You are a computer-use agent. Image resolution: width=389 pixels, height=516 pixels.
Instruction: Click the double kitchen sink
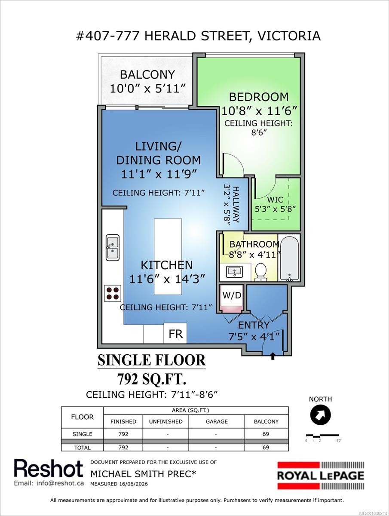pos(113,247)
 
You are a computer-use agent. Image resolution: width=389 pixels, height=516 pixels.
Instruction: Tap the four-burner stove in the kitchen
pos(113,293)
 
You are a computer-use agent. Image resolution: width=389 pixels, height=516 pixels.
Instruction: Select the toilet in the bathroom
pos(261,272)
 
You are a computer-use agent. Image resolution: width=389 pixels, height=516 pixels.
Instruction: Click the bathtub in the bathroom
pos(290,258)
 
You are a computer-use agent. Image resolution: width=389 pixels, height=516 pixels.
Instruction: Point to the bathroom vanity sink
pos(235,271)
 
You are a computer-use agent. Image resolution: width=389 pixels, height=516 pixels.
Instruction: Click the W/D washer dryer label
pos(232,295)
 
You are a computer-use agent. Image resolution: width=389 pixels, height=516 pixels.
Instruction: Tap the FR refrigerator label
pos(176,334)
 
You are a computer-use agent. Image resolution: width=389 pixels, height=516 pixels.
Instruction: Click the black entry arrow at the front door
pos(273,356)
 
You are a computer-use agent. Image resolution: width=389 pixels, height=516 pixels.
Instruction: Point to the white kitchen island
pos(168,256)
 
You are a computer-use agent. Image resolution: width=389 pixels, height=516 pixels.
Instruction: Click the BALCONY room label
pos(147,75)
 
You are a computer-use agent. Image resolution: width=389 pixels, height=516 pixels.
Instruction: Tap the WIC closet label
pos(275,200)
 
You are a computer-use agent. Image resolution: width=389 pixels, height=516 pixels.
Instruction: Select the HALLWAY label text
pos(236,204)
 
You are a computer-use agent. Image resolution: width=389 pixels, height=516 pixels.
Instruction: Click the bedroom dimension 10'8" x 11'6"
pos(259,111)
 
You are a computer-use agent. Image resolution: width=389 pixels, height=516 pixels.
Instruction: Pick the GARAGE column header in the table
pos(217,421)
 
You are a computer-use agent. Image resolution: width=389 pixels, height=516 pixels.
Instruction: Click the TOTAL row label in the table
pos(82,448)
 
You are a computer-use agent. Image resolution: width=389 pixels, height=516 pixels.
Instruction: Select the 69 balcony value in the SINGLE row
pos(266,434)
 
